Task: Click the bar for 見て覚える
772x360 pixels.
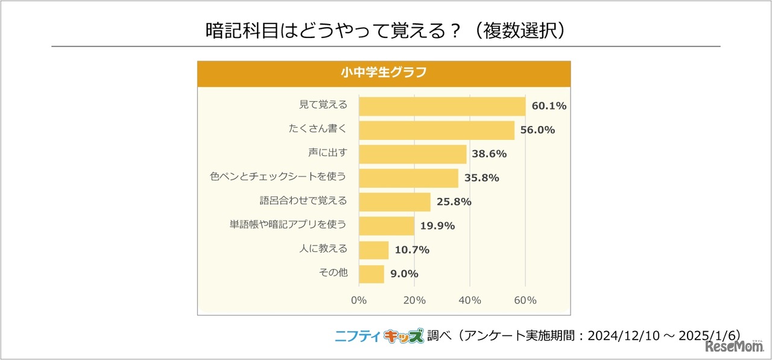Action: pos(442,106)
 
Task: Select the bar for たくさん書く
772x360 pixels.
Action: pos(437,130)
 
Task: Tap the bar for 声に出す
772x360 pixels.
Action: pos(413,154)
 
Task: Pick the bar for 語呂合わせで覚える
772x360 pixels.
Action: pos(394,202)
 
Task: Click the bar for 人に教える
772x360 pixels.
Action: pos(373,250)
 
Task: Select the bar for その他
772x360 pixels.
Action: pos(371,274)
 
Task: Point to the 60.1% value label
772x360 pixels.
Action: pos(549,106)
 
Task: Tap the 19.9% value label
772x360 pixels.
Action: pos(437,226)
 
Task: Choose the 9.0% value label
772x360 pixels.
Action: pos(404,274)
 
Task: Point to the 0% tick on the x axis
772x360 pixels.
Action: pos(359,300)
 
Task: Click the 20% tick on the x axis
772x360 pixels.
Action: pos(414,300)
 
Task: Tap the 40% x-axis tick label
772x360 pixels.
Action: pos(470,300)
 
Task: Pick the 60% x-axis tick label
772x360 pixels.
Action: pos(525,300)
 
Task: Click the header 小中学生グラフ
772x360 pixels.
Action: pos(384,73)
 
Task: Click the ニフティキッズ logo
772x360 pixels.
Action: pos(379,336)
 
